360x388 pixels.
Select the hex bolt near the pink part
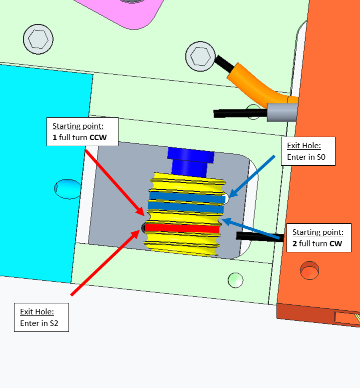[x=38, y=38]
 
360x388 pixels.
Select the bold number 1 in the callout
[x=54, y=137]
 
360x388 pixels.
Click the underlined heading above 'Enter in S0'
[x=303, y=146]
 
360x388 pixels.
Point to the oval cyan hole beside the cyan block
[x=67, y=188]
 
